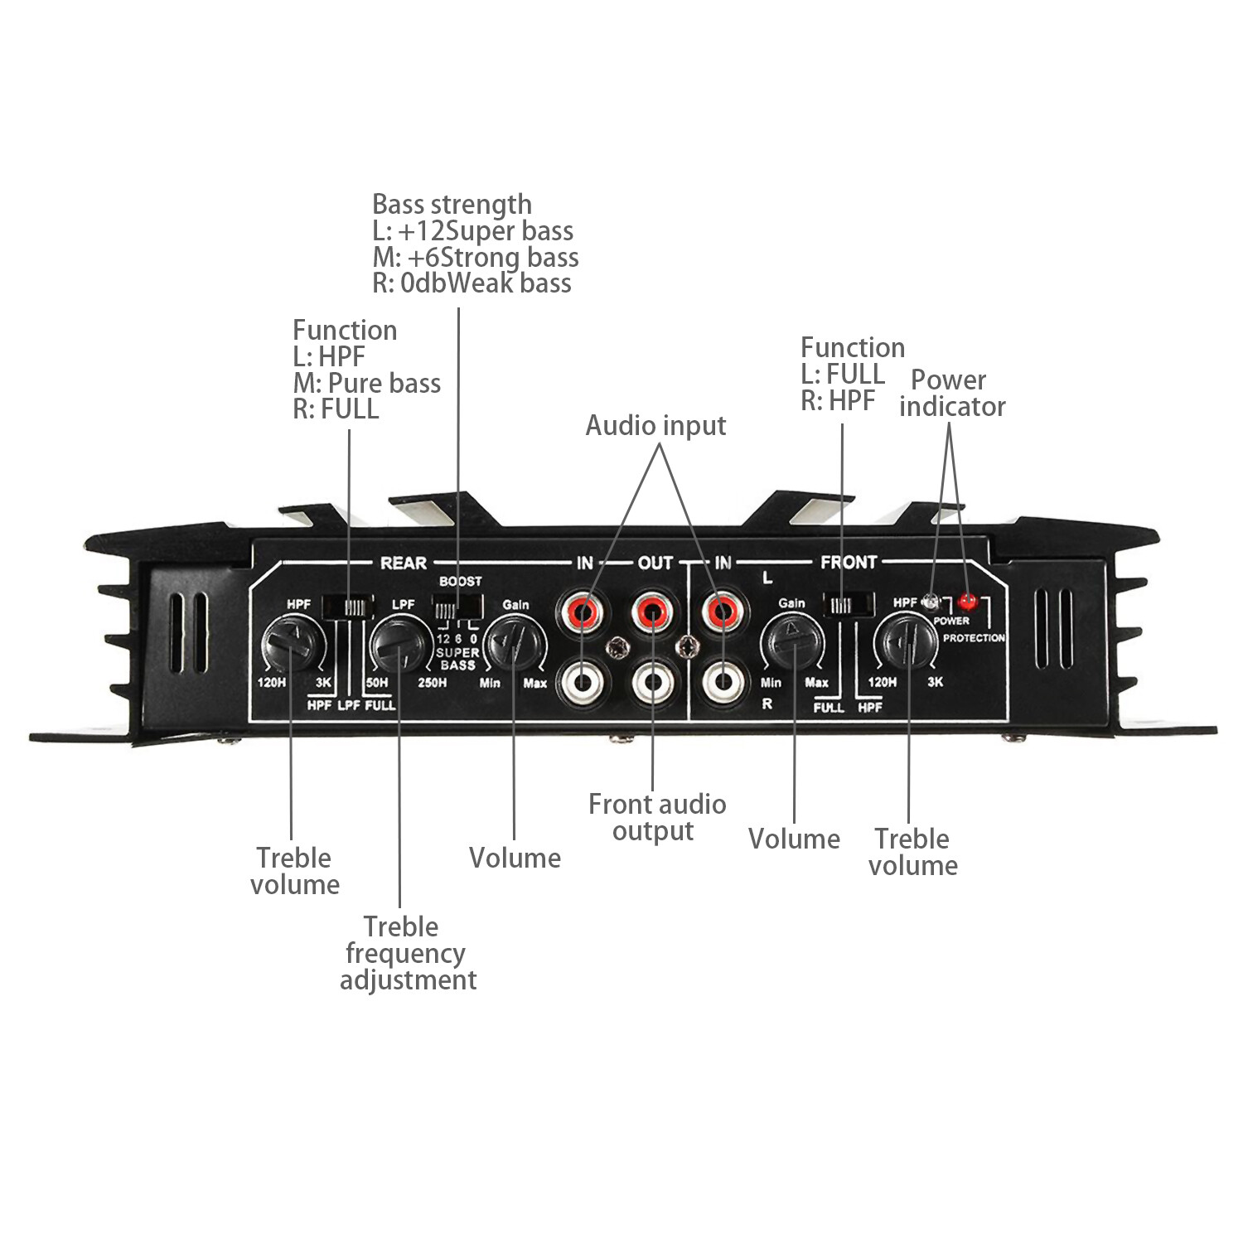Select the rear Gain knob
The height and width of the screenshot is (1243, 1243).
pos(514,643)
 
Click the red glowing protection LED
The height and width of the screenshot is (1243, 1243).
pos(966,601)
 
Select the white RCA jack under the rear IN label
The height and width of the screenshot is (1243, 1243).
pos(583,683)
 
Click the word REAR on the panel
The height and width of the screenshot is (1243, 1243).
pos(403,563)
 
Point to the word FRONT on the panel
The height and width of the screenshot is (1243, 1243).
pos(848,563)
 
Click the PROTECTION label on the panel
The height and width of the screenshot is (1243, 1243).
pos(974,638)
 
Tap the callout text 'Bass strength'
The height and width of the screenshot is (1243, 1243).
pos(452,204)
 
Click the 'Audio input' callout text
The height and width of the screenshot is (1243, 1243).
pos(655,425)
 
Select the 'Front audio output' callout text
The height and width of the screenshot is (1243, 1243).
pos(656,817)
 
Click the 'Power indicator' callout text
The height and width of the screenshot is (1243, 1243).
pos(951,393)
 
